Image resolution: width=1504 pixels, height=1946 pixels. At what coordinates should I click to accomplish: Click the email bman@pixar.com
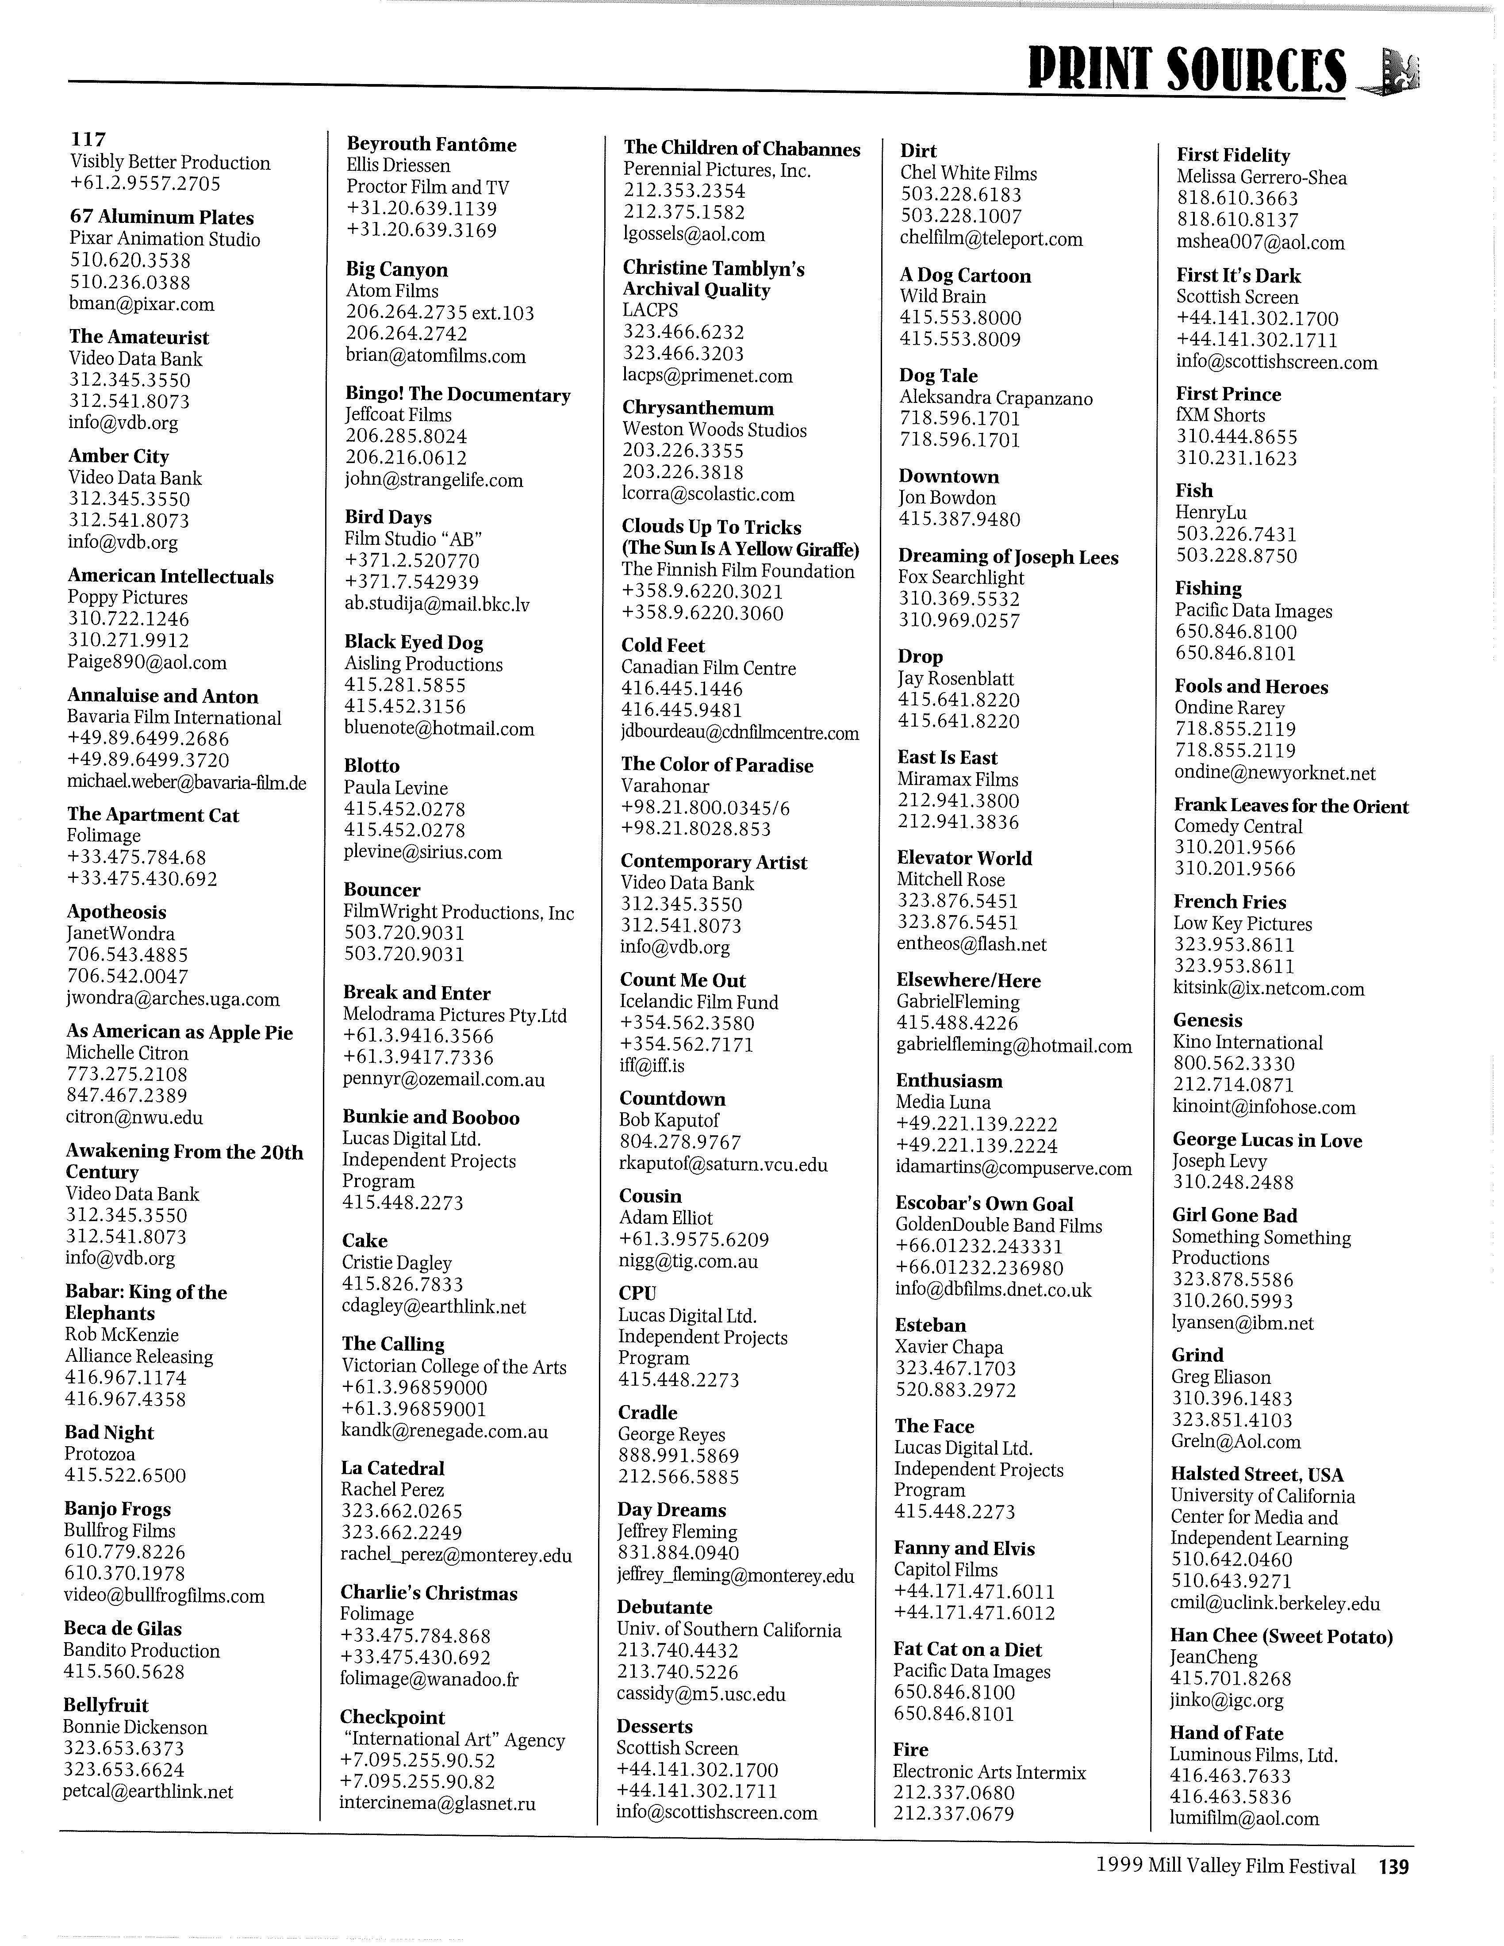pos(142,304)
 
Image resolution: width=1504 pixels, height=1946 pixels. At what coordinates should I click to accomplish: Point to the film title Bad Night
pos(109,1432)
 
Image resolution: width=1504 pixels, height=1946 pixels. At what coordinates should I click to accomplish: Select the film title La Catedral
pos(392,1467)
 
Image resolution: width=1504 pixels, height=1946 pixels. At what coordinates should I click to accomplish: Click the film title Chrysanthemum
pos(698,408)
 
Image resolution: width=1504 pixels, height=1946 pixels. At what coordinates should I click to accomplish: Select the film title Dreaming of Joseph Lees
pos(1008,557)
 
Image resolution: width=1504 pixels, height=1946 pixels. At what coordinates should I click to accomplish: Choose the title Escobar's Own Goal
pos(984,1203)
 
